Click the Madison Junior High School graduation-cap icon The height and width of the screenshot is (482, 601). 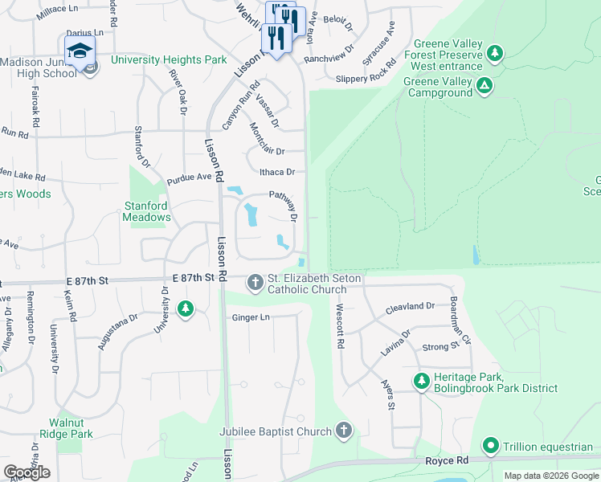point(80,51)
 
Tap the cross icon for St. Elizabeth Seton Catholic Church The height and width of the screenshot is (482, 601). point(256,282)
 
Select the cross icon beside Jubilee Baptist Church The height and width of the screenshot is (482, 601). point(344,431)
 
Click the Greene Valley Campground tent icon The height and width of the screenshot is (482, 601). point(484,86)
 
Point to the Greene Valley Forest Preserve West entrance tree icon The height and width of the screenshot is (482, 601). point(497,54)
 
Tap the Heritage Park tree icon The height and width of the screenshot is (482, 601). point(420,381)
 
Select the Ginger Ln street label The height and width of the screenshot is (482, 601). point(251,318)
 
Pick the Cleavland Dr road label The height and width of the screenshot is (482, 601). point(410,306)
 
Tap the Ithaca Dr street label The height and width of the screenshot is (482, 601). point(277,172)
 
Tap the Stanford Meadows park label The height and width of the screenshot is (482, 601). point(146,211)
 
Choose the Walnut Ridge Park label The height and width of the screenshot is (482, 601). point(71,428)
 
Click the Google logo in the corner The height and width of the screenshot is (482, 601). point(27,472)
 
